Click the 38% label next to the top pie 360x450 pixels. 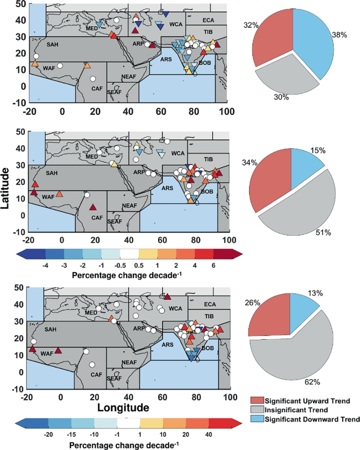tap(340, 35)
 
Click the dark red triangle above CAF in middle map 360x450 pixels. tap(92, 207)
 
